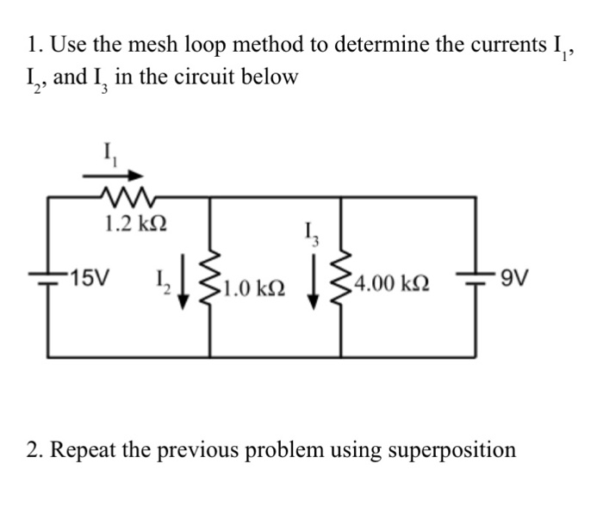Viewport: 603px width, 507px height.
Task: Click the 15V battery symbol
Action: pos(48,275)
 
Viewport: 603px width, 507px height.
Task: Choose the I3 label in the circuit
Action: pos(311,232)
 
